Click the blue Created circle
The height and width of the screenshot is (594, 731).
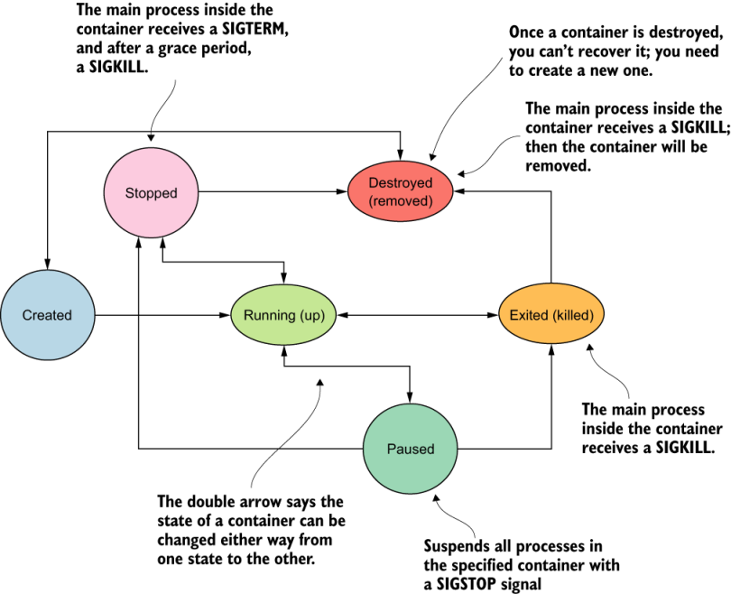pyautogui.click(x=47, y=315)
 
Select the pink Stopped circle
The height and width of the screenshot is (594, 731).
pyautogui.click(x=151, y=192)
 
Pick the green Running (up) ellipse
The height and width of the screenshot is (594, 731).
pyautogui.click(x=283, y=315)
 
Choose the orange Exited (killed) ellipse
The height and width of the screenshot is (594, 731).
pyautogui.click(x=551, y=315)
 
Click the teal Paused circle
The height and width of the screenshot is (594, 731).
pyautogui.click(x=411, y=449)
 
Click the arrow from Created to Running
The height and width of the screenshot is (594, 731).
pyautogui.click(x=162, y=315)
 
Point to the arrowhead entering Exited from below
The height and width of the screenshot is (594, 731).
pyautogui.click(x=551, y=352)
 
